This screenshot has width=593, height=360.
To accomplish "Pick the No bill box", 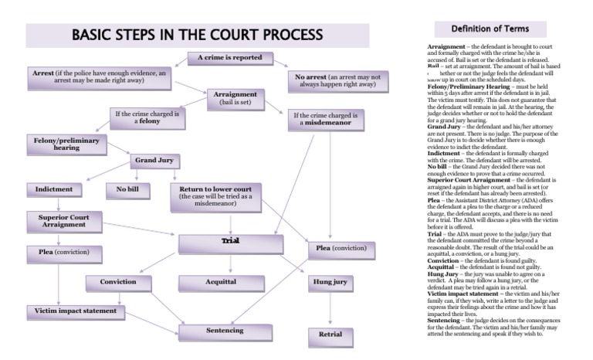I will (x=127, y=189).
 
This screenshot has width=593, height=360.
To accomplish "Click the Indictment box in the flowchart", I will (x=54, y=189).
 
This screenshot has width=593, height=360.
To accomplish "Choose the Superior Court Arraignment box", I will (x=64, y=222).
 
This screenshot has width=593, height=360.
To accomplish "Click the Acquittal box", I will (x=220, y=284).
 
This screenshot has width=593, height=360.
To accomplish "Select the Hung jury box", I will (x=330, y=284).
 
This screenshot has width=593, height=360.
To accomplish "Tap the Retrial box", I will (x=330, y=335).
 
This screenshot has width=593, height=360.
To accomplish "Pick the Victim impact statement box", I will (x=75, y=311).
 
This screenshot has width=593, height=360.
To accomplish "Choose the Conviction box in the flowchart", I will (x=117, y=284).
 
